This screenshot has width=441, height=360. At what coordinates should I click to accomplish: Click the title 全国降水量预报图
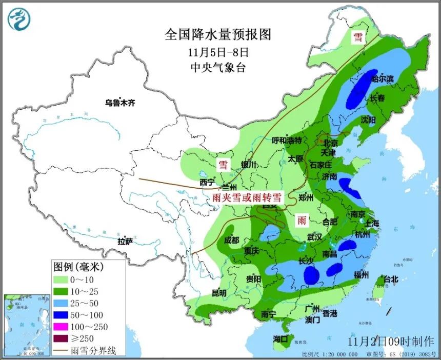coord(217,35)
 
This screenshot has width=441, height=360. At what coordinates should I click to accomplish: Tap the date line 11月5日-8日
coord(217,52)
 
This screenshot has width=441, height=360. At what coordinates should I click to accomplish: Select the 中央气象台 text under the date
coord(217,67)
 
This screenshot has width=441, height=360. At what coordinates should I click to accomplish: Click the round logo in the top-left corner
coord(19,18)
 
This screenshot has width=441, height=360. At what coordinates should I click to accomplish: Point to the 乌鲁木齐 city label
coord(120,103)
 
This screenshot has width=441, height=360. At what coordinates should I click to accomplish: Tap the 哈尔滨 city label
coord(382,79)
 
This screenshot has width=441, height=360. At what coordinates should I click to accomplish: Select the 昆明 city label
coord(219,293)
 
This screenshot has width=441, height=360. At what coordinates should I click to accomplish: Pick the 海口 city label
coord(281,339)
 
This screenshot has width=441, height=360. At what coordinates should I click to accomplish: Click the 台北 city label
coord(390,280)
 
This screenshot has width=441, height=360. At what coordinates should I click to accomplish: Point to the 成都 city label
coord(231,240)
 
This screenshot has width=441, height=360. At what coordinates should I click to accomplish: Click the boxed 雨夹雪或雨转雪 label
coord(247,197)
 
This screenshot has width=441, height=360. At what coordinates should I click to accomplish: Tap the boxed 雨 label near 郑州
coord(302,221)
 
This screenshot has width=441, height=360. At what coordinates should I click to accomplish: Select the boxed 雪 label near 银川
coord(223,165)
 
